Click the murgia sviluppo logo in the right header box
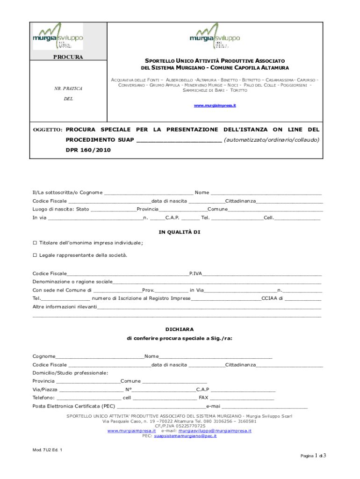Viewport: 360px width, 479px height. pos(215,36)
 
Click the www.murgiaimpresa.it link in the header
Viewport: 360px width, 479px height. pos(215,106)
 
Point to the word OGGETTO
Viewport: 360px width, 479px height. pos(47,129)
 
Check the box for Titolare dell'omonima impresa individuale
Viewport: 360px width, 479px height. pos(35,243)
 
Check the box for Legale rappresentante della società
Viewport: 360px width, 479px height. pos(35,255)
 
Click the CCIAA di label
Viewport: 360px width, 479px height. pos(272,298)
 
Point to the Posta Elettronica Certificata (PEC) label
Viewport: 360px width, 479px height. pos(74,406)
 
